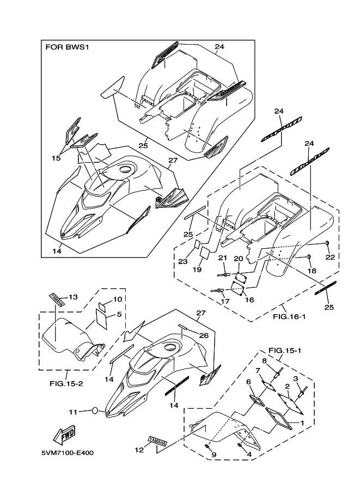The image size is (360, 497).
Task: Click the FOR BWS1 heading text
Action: click(66, 47)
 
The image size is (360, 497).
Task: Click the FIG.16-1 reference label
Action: click(289, 315)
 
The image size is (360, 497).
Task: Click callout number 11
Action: click(73, 412)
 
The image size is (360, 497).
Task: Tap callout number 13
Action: click(73, 297)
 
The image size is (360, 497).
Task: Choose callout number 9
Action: click(213, 455)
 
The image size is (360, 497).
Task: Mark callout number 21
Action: click(222, 257)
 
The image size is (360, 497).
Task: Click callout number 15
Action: click(56, 158)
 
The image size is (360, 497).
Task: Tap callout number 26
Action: click(203, 336)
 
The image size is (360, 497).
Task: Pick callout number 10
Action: click(118, 299)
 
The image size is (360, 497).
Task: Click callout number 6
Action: click(249, 382)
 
